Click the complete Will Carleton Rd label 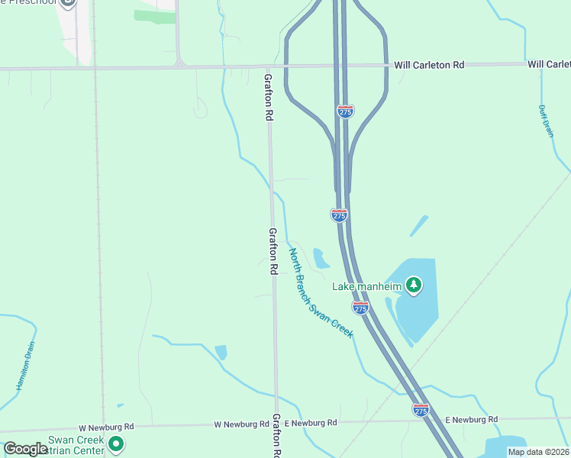429,65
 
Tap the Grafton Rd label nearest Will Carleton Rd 269,98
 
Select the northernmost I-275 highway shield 345,111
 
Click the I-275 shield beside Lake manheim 360,307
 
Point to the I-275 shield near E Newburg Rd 421,410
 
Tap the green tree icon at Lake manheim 414,285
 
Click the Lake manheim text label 366,287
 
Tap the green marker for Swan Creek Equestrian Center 116,443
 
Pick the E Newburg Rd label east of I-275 471,419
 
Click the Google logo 25,449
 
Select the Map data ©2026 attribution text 538,452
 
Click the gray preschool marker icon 68,2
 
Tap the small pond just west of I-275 321,259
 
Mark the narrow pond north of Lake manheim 419,225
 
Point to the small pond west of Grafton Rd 221,352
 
